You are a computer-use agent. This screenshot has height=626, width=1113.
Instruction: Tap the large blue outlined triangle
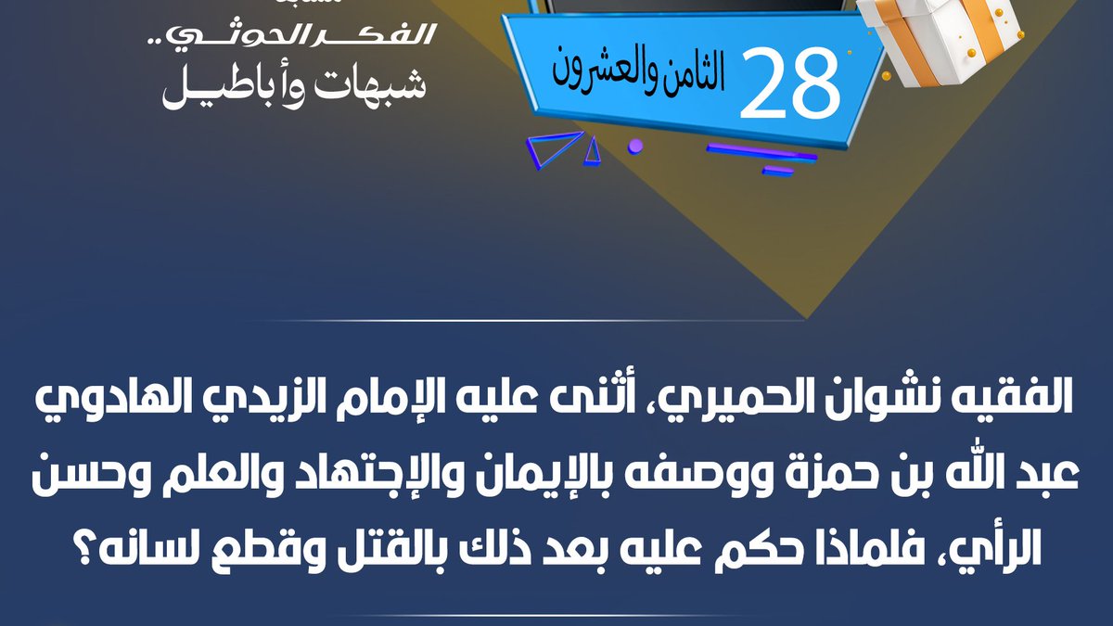click(x=555, y=147)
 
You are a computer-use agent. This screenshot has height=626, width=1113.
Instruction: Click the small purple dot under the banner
click(x=635, y=146)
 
